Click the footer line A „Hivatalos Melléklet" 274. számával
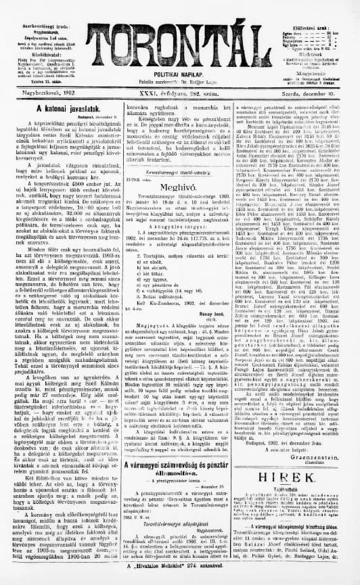(179, 579)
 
